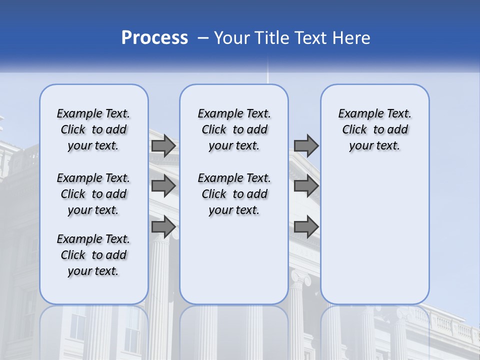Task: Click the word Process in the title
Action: click(x=154, y=37)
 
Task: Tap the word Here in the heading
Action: click(x=351, y=38)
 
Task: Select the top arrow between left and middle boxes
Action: click(x=163, y=145)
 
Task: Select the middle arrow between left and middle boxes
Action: click(x=163, y=186)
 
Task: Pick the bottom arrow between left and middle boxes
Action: click(x=163, y=227)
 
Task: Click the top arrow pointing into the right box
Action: click(x=306, y=145)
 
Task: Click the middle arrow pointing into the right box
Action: click(x=306, y=186)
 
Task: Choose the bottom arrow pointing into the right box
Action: click(x=306, y=227)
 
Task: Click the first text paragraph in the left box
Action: click(x=93, y=129)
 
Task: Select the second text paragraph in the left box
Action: click(x=93, y=194)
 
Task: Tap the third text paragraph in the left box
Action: click(x=93, y=255)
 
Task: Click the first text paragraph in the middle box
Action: click(x=234, y=129)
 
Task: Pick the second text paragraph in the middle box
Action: click(x=234, y=194)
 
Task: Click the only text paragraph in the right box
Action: click(x=374, y=129)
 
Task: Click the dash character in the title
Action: click(x=202, y=38)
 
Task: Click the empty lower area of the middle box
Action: click(x=234, y=260)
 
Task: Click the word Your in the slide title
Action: click(x=232, y=38)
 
